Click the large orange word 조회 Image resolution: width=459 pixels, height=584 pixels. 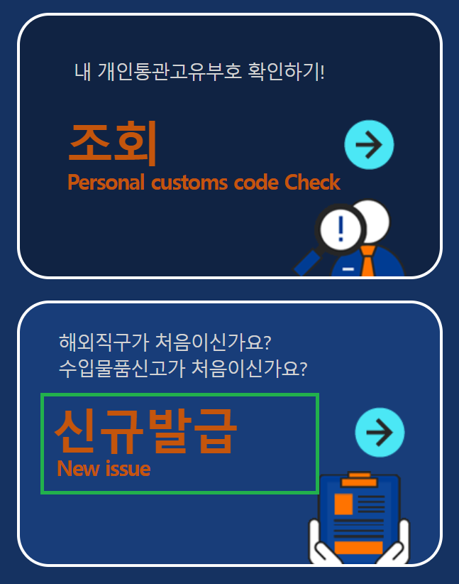tap(112, 143)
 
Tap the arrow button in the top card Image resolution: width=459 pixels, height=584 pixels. tap(368, 145)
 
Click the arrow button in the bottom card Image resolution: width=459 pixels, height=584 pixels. tap(379, 432)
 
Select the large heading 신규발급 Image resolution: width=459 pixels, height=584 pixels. tap(145, 431)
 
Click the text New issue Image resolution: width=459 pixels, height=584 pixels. tap(104, 469)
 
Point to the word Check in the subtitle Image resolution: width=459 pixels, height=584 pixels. tap(312, 183)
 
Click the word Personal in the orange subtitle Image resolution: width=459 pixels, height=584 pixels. tap(106, 183)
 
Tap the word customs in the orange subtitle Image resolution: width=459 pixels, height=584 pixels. tap(187, 183)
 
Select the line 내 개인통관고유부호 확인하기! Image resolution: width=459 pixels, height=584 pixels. tap(199, 72)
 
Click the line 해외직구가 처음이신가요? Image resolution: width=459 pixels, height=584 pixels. tap(165, 342)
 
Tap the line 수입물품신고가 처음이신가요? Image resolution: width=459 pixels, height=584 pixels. tap(183, 369)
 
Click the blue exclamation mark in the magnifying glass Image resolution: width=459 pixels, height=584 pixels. tap(342, 229)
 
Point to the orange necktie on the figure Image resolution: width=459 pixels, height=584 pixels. tap(367, 261)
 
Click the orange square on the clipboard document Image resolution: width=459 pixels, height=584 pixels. tap(343, 504)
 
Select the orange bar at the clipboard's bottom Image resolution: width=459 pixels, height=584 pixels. tap(358, 547)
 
